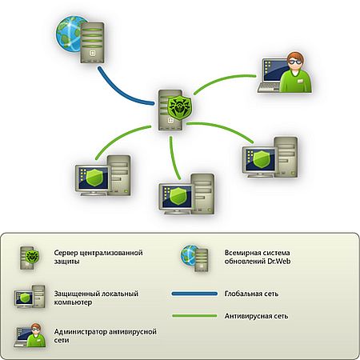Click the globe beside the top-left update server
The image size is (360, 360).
tap(69, 34)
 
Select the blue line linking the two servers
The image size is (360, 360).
tap(120, 92)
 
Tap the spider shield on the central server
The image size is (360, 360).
tap(179, 107)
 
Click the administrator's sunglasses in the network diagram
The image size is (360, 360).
tap(295, 62)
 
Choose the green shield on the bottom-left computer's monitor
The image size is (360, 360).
tap(94, 178)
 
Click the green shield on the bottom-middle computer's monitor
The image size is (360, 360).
tap(178, 196)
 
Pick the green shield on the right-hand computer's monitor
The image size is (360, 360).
tap(262, 159)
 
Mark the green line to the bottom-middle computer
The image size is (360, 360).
tap(173, 158)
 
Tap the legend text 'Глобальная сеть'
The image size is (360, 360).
tap(251, 294)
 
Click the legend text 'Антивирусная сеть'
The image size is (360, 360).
tap(256, 316)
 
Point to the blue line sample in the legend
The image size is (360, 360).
tap(194, 294)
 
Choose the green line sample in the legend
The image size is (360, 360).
tap(194, 316)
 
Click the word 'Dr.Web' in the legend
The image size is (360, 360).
tap(279, 261)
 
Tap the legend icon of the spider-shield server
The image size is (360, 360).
tap(30, 258)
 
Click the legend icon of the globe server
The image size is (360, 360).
tap(194, 258)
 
